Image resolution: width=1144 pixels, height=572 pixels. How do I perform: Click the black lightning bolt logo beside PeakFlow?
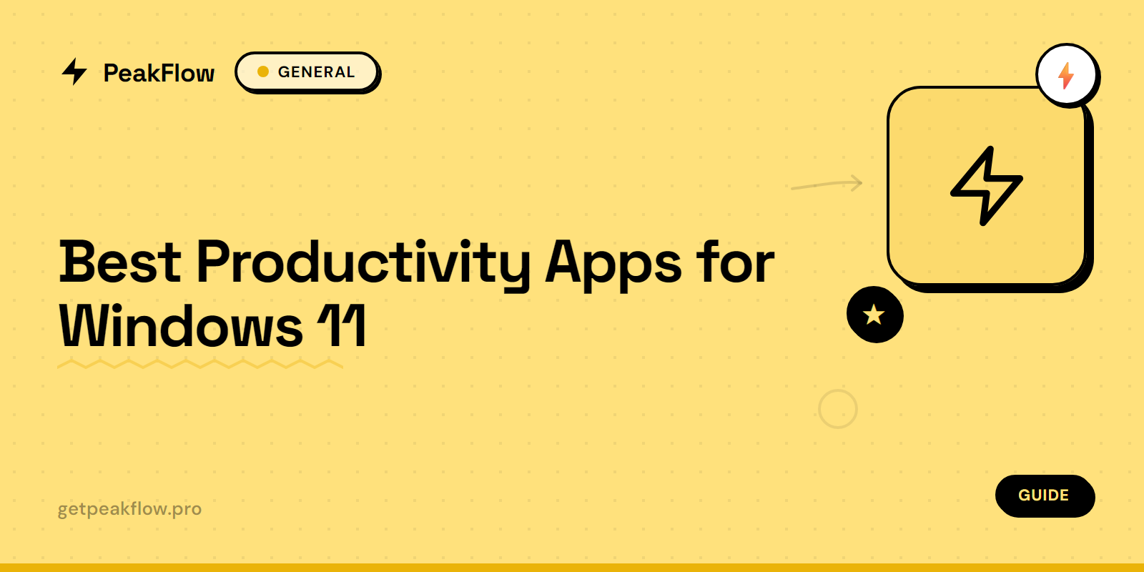tap(74, 71)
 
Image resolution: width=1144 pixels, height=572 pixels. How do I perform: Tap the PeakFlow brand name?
tap(159, 73)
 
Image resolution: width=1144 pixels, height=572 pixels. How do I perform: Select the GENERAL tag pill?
tap(307, 72)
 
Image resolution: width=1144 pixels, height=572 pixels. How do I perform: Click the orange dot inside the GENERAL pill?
tap(263, 71)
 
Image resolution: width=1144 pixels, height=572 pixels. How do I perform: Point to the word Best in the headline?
tap(120, 262)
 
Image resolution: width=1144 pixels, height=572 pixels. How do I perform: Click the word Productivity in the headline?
tap(363, 263)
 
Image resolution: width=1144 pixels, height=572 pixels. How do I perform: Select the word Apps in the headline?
tap(613, 263)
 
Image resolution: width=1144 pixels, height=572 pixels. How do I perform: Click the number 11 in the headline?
tap(342, 326)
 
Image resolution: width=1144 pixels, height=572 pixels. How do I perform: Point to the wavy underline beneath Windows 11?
tap(200, 365)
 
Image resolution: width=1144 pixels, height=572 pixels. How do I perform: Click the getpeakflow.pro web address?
tap(129, 509)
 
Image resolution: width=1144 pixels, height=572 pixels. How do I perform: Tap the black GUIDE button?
tap(1044, 495)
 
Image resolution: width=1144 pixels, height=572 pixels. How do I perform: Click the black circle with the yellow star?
tap(874, 315)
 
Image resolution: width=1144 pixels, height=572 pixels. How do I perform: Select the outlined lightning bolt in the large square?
tap(986, 186)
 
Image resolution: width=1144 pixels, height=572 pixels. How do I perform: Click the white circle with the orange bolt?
tap(1066, 74)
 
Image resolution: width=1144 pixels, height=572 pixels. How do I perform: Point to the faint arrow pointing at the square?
tap(827, 184)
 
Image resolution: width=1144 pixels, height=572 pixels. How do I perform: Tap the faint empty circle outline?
tap(837, 409)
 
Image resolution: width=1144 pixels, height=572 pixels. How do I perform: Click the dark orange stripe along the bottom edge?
tap(572, 568)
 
